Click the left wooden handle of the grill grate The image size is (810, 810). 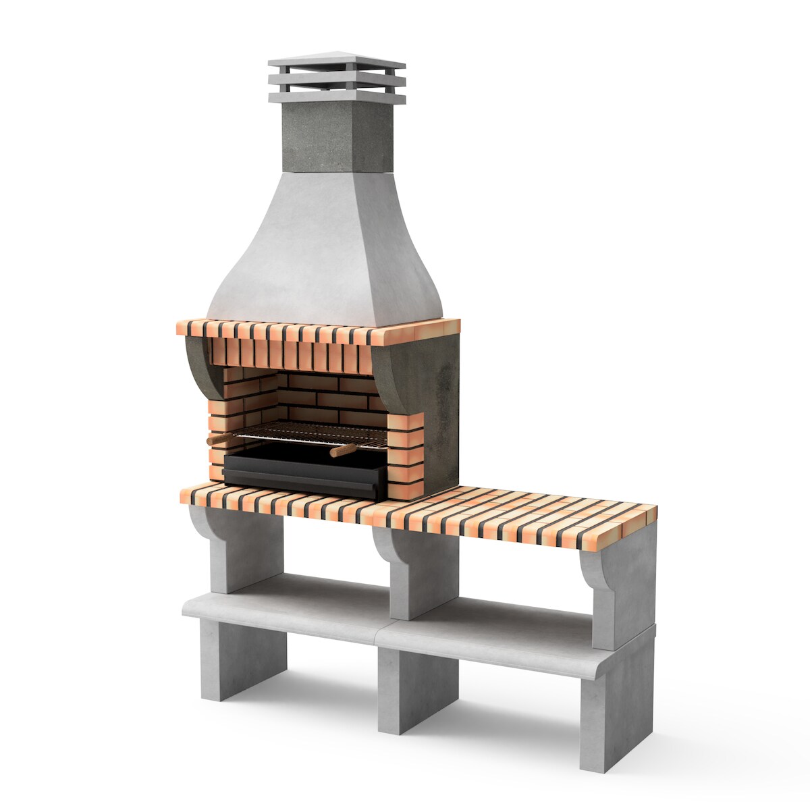click(x=217, y=439)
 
